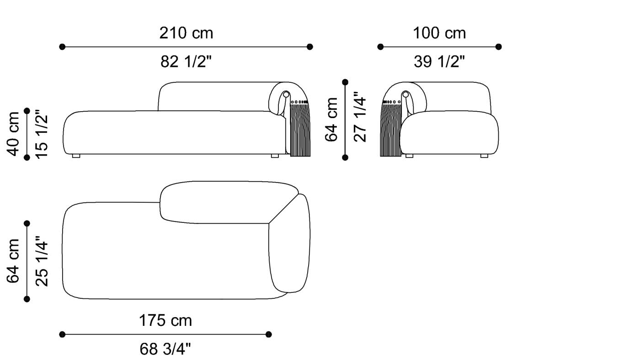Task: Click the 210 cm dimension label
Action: click(x=186, y=33)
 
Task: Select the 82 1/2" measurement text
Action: click(x=186, y=61)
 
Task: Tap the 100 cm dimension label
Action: click(x=439, y=33)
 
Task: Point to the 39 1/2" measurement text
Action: click(x=439, y=61)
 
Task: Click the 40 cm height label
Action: click(x=14, y=134)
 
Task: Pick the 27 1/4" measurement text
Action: click(x=360, y=119)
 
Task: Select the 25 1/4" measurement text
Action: click(x=41, y=261)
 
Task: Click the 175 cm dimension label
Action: click(x=165, y=320)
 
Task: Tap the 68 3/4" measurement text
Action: click(x=165, y=349)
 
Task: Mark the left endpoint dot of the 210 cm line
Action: click(x=62, y=47)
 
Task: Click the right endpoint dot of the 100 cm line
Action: click(x=498, y=47)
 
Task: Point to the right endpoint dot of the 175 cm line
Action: click(x=268, y=335)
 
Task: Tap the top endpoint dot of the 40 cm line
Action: click(x=27, y=111)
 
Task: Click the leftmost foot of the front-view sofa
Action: click(x=76, y=156)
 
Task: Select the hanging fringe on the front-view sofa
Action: click(x=300, y=130)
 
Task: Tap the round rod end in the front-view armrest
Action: click(x=286, y=95)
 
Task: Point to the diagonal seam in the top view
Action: click(x=283, y=209)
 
